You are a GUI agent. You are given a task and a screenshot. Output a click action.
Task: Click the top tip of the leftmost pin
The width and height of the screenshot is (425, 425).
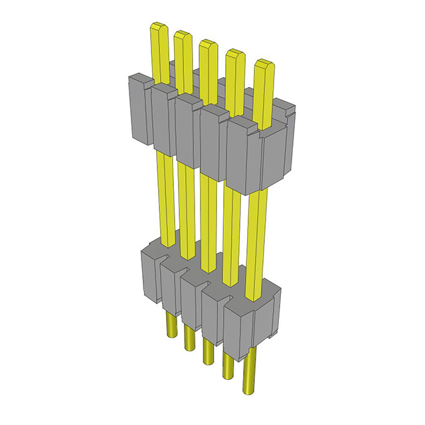click(159, 28)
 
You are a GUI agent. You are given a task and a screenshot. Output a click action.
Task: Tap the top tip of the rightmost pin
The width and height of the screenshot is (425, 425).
click(264, 66)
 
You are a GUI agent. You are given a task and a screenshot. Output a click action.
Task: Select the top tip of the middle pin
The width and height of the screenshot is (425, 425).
click(207, 45)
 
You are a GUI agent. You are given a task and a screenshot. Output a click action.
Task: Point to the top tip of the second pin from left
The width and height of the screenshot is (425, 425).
click(183, 36)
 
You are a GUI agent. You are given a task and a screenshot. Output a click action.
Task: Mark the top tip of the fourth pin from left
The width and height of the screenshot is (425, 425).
click(234, 56)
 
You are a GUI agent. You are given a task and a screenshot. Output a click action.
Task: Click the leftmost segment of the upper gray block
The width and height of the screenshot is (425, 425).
click(139, 110)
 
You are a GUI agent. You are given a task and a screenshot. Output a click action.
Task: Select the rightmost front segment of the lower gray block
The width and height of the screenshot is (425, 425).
click(238, 329)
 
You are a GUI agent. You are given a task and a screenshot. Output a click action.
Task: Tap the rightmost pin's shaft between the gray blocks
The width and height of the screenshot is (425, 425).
click(256, 239)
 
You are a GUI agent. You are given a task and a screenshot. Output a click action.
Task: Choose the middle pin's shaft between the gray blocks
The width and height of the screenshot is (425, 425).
click(207, 219)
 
